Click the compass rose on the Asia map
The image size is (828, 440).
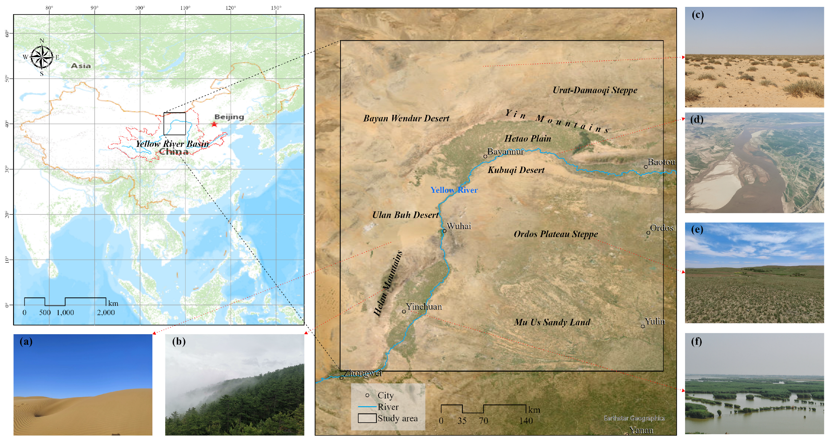(42, 57)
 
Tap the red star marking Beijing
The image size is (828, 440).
(214, 124)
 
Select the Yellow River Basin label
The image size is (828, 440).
(172, 144)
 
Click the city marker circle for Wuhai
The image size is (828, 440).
(444, 231)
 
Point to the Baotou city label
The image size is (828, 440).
(661, 162)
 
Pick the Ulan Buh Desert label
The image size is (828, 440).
(405, 215)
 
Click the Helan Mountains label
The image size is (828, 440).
(388, 283)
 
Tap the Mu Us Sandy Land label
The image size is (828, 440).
(552, 322)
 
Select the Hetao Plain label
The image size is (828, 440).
(528, 139)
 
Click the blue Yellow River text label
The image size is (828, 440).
(454, 190)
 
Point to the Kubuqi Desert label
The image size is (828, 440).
(516, 170)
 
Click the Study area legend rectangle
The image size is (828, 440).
(367, 418)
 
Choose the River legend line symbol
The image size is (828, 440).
(367, 407)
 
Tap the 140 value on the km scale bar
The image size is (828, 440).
(526, 421)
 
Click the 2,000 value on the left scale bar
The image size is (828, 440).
(106, 313)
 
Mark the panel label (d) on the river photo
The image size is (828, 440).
(697, 120)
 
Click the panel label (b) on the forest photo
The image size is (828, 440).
(179, 341)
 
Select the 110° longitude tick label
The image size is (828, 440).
(185, 8)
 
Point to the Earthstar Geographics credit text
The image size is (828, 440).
(634, 418)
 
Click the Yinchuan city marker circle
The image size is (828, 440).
(404, 312)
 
